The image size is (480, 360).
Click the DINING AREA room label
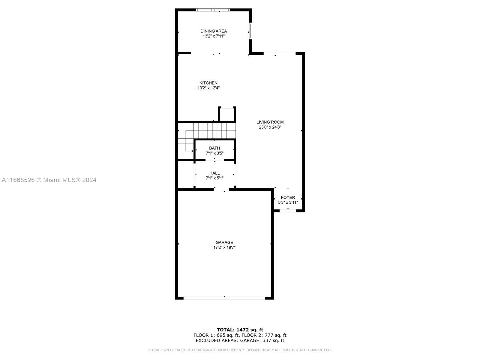(x=213, y=31)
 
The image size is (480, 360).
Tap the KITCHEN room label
(x=208, y=83)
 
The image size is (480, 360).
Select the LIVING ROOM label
(x=270, y=122)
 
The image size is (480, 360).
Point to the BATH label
(x=214, y=148)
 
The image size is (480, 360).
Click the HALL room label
(x=214, y=173)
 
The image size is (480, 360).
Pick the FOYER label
(x=288, y=197)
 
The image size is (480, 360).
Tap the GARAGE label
(x=224, y=242)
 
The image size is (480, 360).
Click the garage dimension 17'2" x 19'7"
(x=224, y=247)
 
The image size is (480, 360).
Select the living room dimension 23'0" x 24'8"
(x=270, y=127)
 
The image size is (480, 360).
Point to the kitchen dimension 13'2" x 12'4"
(x=208, y=88)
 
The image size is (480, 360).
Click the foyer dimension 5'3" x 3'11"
(x=288, y=202)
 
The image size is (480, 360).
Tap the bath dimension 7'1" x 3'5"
(x=214, y=153)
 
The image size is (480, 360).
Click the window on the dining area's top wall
(x=213, y=10)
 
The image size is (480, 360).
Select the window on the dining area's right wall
(x=250, y=31)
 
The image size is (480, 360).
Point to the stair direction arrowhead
(x=192, y=151)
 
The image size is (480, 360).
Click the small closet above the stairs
(x=227, y=114)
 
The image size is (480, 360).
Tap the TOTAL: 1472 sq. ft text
(x=240, y=330)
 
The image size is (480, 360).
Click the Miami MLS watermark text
(x=49, y=180)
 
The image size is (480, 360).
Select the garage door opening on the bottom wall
(x=224, y=298)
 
